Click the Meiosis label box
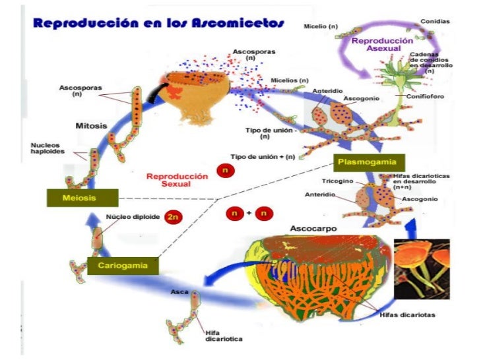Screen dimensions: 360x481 tap(82, 198)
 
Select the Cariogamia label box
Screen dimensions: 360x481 tap(123, 265)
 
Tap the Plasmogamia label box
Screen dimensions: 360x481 tap(368, 162)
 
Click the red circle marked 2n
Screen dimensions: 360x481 tap(173, 216)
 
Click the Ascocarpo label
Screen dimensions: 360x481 tap(313, 229)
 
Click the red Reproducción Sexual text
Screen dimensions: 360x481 tap(168, 180)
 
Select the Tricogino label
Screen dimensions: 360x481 tap(337, 181)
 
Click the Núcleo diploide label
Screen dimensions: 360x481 tap(133, 217)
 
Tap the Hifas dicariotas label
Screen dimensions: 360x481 tap(407, 315)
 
